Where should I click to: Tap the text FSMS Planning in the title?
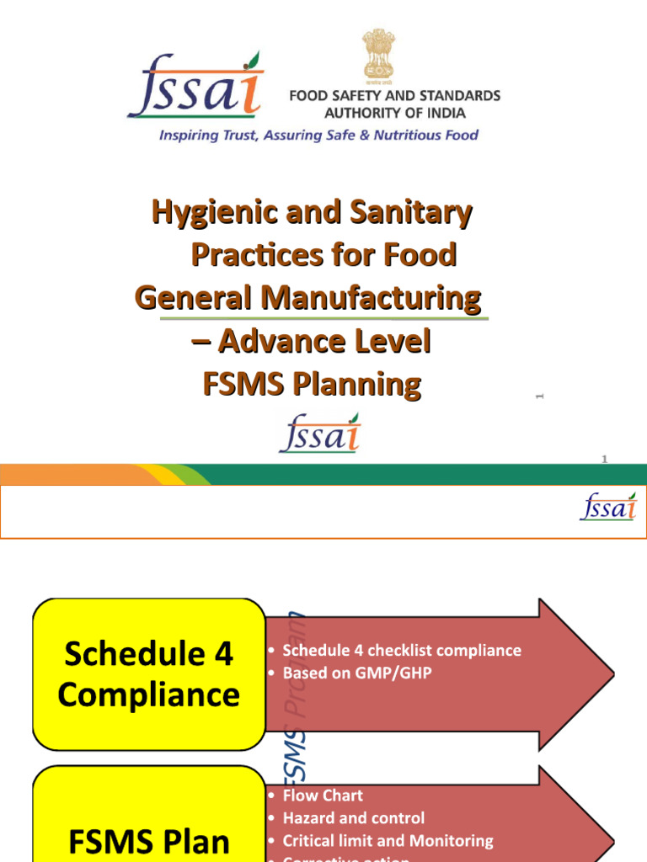pos(313,385)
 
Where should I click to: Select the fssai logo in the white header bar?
pos(608,506)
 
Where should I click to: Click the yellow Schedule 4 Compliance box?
pos(149,674)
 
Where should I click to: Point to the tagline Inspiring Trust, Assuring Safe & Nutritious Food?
pos(319,135)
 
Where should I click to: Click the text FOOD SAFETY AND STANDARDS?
pos(394,96)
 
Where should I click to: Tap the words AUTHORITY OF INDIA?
pos(395,113)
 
